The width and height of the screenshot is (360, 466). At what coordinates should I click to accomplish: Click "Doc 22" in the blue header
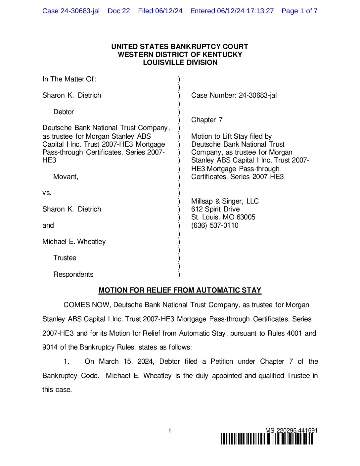pyautogui.click(x=119, y=11)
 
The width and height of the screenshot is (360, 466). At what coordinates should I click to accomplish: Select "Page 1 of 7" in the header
pyautogui.click(x=299, y=11)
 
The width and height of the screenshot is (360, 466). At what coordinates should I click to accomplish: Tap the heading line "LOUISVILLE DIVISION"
pyautogui.click(x=180, y=63)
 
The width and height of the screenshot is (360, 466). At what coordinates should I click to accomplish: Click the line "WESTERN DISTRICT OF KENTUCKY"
pyautogui.click(x=180, y=55)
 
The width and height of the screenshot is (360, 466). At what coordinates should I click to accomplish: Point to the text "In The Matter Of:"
pyautogui.click(x=69, y=79)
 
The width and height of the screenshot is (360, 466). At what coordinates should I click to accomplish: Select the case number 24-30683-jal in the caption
pyautogui.click(x=258, y=95)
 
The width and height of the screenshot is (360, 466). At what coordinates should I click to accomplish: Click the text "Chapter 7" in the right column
pyautogui.click(x=207, y=120)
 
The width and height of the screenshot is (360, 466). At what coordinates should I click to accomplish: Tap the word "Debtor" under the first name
pyautogui.click(x=64, y=112)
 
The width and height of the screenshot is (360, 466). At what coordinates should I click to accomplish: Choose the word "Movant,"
pyautogui.click(x=66, y=177)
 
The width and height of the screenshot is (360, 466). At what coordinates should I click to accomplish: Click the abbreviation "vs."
pyautogui.click(x=47, y=193)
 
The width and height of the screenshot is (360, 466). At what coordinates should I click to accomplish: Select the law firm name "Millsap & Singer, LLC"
pyautogui.click(x=225, y=201)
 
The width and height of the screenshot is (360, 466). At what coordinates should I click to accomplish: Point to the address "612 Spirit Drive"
pyautogui.click(x=215, y=209)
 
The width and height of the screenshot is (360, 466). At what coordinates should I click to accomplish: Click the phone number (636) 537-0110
pyautogui.click(x=215, y=225)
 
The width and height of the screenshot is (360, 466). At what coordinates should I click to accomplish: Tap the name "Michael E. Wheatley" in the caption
pyautogui.click(x=74, y=242)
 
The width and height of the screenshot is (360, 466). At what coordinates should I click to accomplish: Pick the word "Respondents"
pyautogui.click(x=73, y=274)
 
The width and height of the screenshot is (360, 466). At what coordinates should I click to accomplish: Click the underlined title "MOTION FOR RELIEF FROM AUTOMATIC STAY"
pyautogui.click(x=180, y=290)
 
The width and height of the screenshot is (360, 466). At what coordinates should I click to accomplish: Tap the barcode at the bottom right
pyautogui.click(x=267, y=439)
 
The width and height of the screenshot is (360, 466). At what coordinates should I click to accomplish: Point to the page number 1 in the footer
pyautogui.click(x=170, y=431)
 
